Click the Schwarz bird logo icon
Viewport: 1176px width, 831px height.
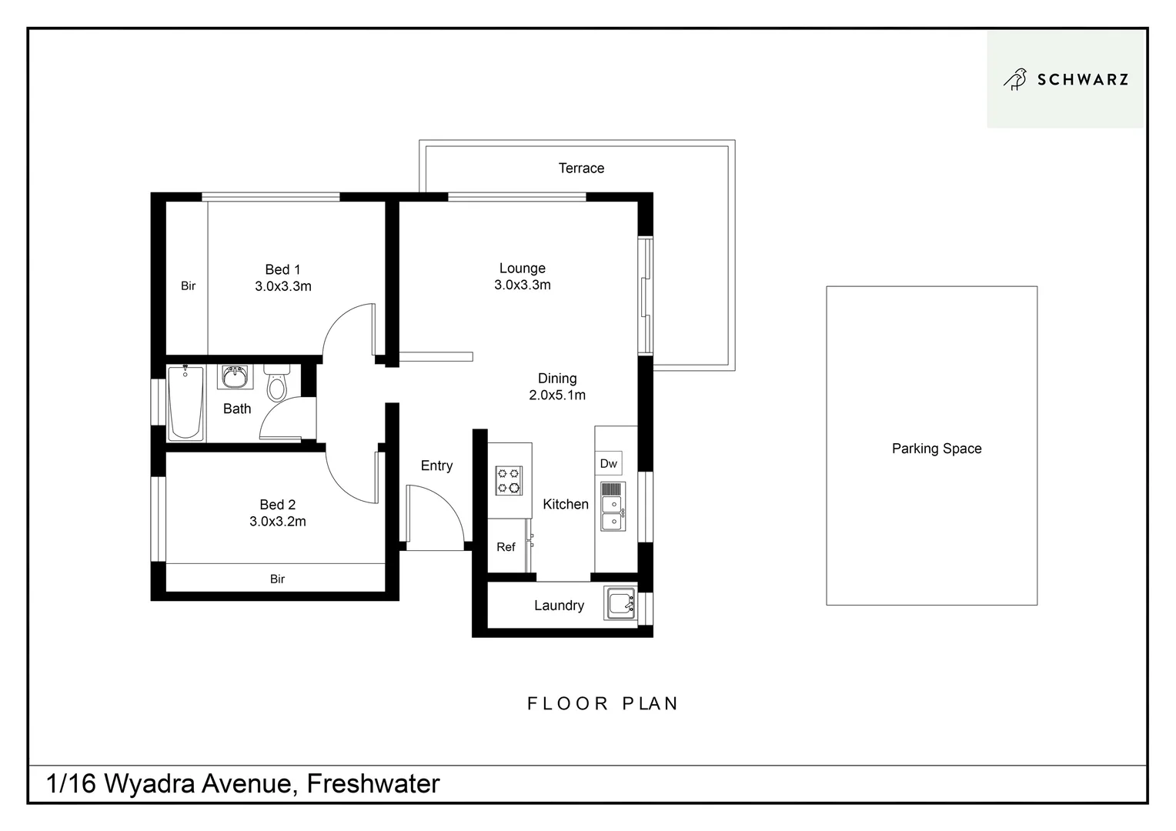[x=1015, y=79]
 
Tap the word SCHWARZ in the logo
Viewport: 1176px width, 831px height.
[x=1082, y=79]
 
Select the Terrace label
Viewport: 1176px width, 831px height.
[x=581, y=168]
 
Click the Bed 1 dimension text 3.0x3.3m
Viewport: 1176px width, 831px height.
[x=283, y=286]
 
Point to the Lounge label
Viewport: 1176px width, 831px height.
[x=522, y=268]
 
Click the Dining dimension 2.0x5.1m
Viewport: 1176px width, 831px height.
[x=557, y=395]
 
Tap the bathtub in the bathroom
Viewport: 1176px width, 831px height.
[x=185, y=402]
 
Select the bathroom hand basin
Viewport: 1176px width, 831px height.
[x=235, y=377]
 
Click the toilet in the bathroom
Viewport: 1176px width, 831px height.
[x=276, y=382]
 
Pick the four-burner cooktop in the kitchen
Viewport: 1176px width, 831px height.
[x=509, y=480]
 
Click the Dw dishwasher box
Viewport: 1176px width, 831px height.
[x=608, y=463]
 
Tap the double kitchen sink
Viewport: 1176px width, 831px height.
[x=613, y=507]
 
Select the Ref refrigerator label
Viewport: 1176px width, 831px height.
[x=506, y=547]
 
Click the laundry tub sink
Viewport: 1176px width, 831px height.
[x=620, y=602]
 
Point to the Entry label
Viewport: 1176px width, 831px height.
[x=436, y=466]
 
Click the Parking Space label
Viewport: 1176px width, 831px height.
[x=936, y=449]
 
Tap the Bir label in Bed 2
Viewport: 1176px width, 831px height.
[x=277, y=579]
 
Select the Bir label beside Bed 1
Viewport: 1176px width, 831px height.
[x=188, y=285]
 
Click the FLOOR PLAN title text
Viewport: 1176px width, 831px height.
[x=602, y=703]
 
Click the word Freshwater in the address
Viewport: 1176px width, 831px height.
[x=373, y=783]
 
